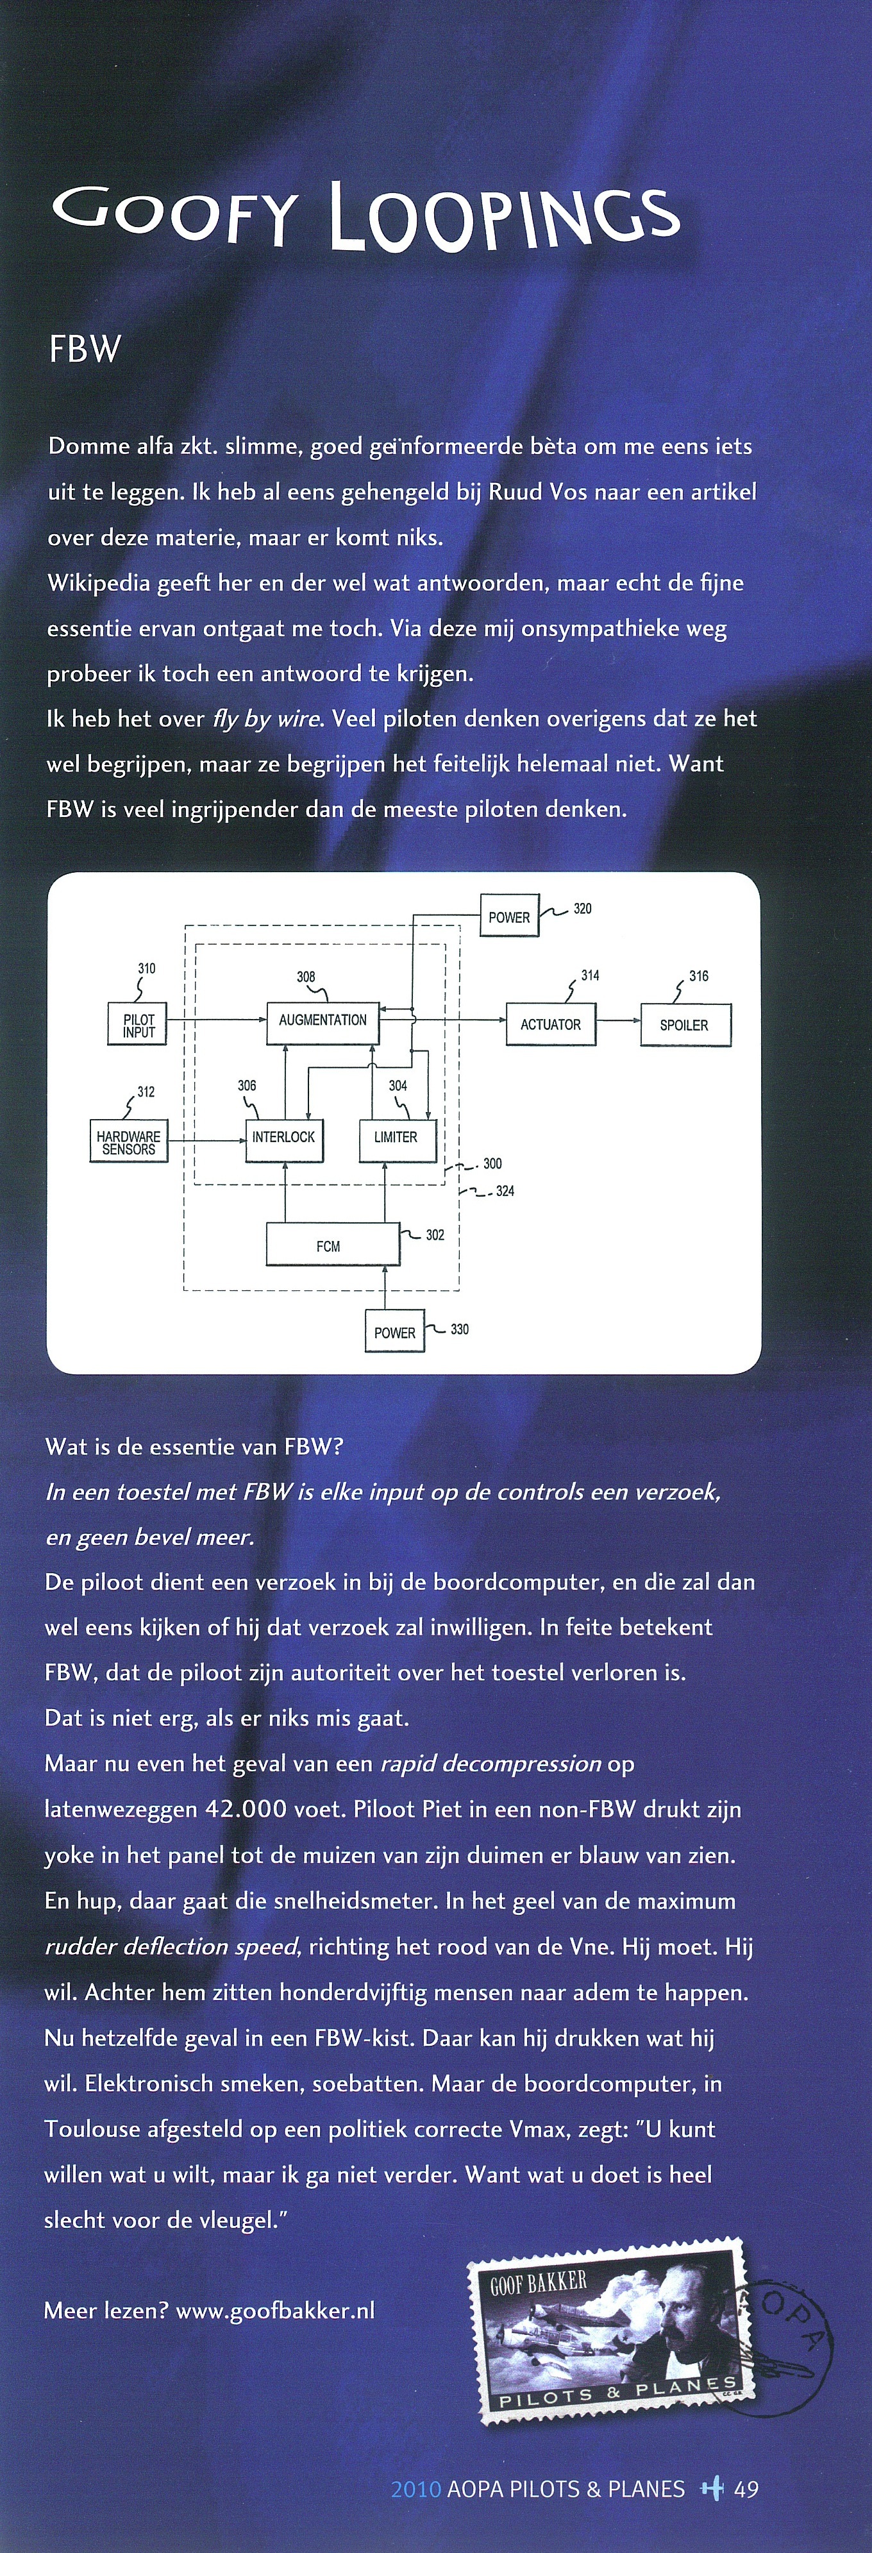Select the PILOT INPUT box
point(138,1024)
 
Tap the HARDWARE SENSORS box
point(129,1141)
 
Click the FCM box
point(333,1245)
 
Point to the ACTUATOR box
point(551,1025)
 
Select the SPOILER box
point(685,1025)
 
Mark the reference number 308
point(306,976)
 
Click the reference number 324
point(505,1192)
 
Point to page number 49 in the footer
point(746,2489)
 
